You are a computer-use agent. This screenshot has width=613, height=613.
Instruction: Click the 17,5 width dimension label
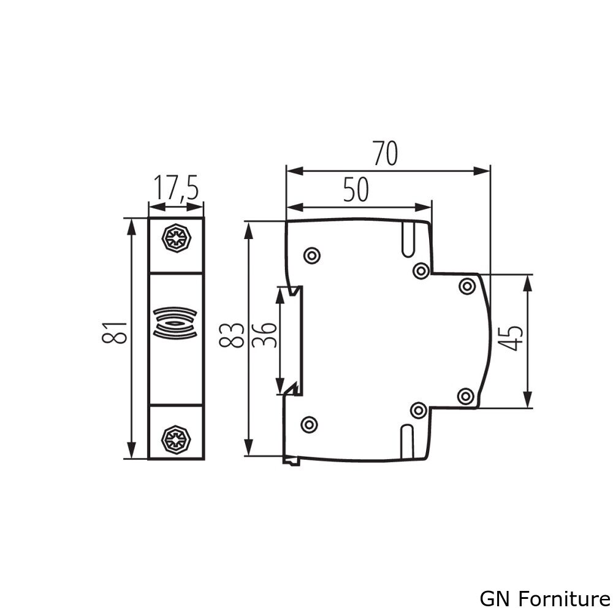pos(176,188)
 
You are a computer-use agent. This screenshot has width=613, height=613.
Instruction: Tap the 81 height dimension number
pos(115,332)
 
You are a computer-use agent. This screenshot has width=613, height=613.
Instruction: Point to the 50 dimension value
pos(356,189)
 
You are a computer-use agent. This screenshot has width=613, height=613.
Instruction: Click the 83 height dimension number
pos(232,335)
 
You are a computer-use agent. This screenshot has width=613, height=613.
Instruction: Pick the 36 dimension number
pos(264,335)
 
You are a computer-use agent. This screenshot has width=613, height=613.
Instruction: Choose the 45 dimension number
pos(511,338)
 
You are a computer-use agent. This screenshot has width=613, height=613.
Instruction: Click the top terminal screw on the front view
pos(177,238)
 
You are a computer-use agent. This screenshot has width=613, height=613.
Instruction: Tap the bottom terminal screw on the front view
pos(176,440)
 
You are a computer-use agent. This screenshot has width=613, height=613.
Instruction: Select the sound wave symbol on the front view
pos(175,323)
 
